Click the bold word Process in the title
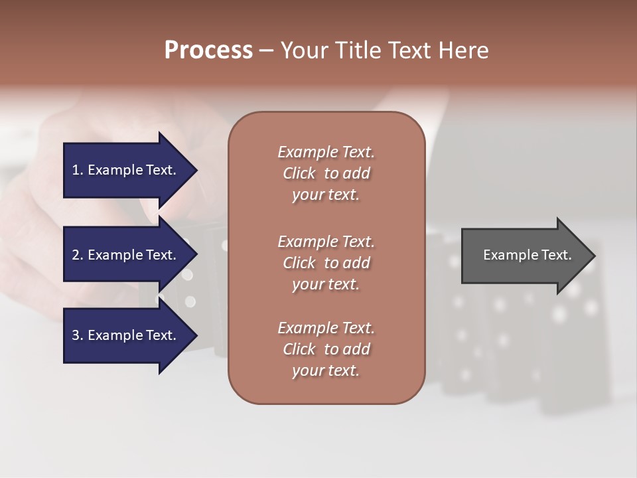point(208,50)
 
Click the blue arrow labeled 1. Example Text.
point(126,170)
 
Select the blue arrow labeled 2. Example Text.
point(126,255)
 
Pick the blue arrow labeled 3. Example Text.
point(126,335)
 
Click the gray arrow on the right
point(524,256)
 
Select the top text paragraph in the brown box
point(326,173)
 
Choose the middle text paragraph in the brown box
point(326,263)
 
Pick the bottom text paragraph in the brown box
point(326,349)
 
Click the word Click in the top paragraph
point(299,173)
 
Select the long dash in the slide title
point(267,51)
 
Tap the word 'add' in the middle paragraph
point(357,263)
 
